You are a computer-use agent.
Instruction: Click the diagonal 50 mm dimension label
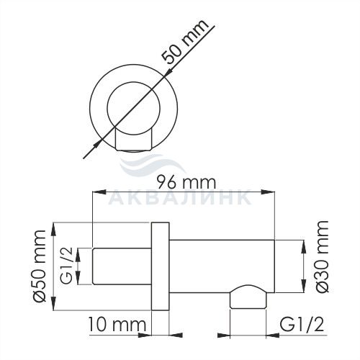pyautogui.click(x=184, y=41)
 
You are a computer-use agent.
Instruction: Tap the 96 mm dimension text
pyautogui.click(x=186, y=182)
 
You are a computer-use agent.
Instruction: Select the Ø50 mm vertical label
pyautogui.click(x=40, y=266)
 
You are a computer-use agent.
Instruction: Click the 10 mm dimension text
pyautogui.click(x=117, y=324)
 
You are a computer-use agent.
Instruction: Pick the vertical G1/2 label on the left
pyautogui.click(x=66, y=266)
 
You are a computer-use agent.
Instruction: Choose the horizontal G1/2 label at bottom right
pyautogui.click(x=302, y=325)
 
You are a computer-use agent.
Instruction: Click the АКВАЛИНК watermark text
pyautogui.click(x=180, y=197)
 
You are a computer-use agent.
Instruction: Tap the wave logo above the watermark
pyautogui.click(x=153, y=164)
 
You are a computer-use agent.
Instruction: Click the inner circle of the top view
pyautogui.click(x=107, y=107)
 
